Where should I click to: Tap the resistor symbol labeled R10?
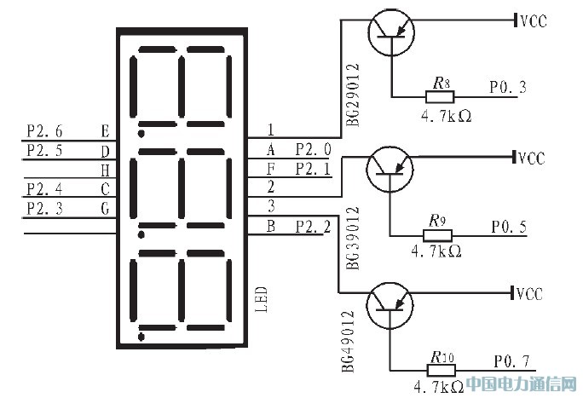click(x=440, y=370)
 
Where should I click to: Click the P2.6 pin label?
click(x=44, y=131)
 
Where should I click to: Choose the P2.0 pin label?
click(x=313, y=150)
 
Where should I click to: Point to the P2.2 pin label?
click(x=313, y=226)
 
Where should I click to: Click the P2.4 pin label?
click(x=44, y=188)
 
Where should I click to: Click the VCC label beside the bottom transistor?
click(x=530, y=294)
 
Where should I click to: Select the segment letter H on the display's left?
click(x=105, y=170)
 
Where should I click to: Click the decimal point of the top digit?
click(x=141, y=133)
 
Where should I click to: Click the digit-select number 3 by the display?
click(x=271, y=206)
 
